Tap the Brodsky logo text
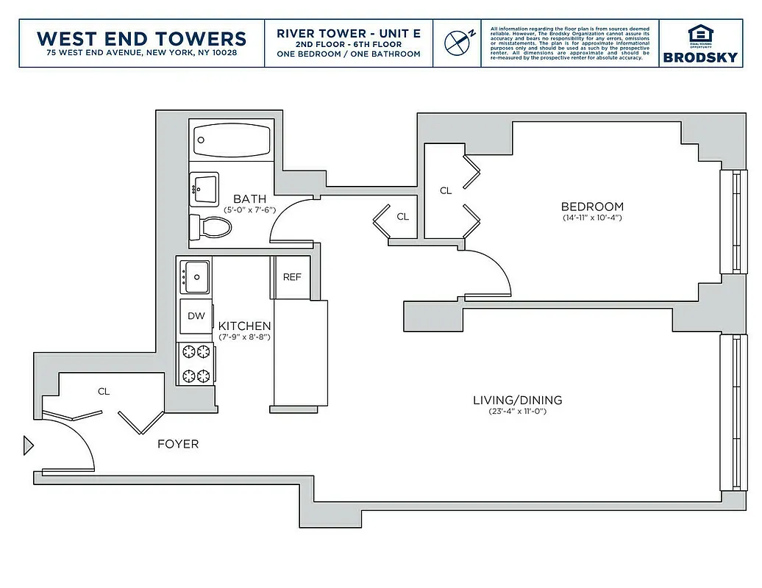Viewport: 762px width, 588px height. (699, 57)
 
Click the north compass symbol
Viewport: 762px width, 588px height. (457, 42)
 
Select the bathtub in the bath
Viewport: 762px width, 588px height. (231, 138)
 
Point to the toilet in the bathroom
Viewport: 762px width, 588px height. (211, 226)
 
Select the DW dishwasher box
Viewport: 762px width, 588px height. (196, 316)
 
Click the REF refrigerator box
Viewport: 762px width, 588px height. (292, 278)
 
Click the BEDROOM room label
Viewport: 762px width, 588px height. (591, 207)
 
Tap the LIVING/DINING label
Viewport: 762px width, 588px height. (517, 400)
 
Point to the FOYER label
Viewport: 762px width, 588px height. (178, 444)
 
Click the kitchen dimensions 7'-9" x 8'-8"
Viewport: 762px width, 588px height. (244, 337)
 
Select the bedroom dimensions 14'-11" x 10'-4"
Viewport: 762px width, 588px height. (591, 218)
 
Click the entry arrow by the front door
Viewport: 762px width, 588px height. (29, 445)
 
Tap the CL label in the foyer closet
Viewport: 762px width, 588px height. (104, 392)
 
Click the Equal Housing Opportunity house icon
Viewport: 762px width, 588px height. (699, 34)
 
